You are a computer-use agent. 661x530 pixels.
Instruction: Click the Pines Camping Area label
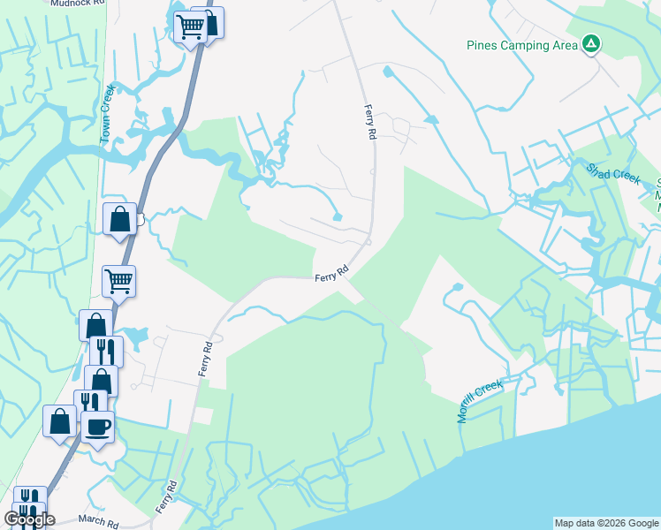tap(522, 45)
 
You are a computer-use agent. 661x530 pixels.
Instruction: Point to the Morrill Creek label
tap(480, 401)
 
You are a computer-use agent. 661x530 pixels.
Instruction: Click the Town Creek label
tap(108, 127)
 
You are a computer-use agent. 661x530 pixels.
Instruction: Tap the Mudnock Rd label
tap(78, 4)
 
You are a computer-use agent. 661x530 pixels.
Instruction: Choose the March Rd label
tap(98, 521)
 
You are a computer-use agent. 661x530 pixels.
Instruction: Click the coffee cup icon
tap(98, 427)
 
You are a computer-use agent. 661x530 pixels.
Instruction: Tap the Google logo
tap(29, 519)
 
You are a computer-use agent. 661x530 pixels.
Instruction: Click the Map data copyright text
tap(606, 523)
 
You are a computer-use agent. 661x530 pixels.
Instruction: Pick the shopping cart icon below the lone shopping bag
tap(118, 281)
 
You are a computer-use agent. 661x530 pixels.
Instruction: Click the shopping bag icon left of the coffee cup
tap(61, 420)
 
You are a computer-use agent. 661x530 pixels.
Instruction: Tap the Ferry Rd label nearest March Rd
tap(165, 497)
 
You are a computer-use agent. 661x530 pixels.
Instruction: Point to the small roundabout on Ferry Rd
tap(368, 240)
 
